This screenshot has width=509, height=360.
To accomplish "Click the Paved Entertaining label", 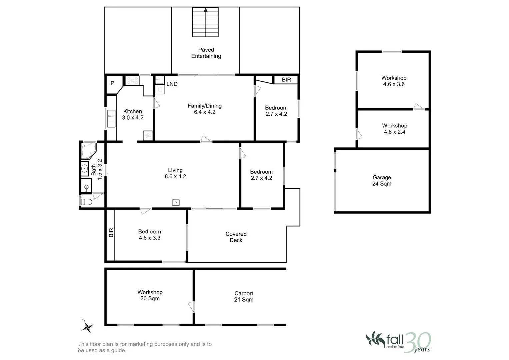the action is coord(206,53).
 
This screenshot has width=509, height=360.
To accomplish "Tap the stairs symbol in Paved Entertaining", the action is coord(205,22).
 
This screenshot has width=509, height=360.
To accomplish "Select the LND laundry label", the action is coord(172,84).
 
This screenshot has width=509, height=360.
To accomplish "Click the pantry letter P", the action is coord(112,83).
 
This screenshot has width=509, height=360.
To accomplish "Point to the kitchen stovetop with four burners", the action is coord(132,80).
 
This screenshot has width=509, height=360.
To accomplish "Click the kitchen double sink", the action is coord(111,119).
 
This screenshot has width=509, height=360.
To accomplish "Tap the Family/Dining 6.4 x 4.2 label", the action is coord(205,109).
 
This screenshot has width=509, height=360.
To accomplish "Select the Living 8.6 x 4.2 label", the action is coord(175,173).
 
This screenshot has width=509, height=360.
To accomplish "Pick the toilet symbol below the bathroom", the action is coord(87,202).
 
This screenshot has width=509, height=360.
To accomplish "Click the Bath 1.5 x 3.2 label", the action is coord(97,170).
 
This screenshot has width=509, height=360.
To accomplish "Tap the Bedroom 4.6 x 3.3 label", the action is coord(150,235).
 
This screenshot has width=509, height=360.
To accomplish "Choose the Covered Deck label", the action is coord(236,237).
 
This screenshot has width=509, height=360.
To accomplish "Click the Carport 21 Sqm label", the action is coord(244,297).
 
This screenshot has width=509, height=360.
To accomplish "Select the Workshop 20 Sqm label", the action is coord(150,295).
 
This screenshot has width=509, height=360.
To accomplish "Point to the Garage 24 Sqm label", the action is coord(382,180).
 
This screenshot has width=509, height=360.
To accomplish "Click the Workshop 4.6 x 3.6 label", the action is coord(394,81).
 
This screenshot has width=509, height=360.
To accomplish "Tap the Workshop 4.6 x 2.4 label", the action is coord(395,129).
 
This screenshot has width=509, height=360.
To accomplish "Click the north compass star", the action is coord(87,327).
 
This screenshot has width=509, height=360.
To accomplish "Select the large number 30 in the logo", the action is coord(418,342).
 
